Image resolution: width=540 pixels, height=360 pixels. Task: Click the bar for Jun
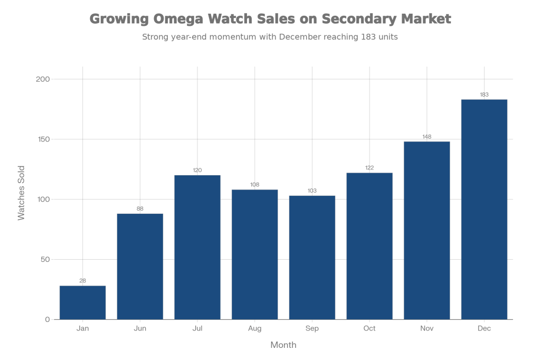140,266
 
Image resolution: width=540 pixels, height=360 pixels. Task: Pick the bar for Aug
255,254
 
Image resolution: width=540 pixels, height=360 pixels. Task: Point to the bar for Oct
370,245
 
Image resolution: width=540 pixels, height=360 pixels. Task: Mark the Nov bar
427,230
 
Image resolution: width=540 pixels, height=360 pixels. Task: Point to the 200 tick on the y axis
43,79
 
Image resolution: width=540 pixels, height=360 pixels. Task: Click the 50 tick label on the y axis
45,259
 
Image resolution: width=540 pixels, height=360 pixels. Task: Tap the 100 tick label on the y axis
43,200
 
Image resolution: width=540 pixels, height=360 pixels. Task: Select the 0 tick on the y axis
47,319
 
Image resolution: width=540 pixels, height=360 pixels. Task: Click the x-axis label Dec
484,329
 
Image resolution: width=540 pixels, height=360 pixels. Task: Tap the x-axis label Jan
82,329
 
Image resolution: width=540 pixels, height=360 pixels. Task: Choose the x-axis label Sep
312,329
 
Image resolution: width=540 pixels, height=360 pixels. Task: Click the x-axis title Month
283,345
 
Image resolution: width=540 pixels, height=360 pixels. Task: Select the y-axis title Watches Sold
22,193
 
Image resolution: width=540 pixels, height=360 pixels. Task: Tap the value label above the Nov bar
427,137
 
